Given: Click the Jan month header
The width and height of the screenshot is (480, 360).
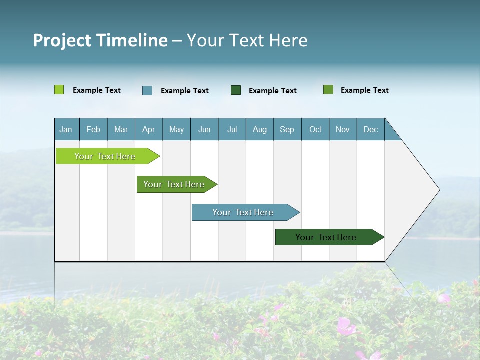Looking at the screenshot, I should (66, 129).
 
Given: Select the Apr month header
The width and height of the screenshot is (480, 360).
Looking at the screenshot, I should (148, 129).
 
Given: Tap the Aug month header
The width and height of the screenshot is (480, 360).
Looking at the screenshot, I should (259, 129).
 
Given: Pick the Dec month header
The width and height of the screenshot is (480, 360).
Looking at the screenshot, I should (370, 129).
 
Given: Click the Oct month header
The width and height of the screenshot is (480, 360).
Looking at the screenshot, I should (315, 129).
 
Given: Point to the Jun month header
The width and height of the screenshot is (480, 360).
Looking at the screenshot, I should (204, 129).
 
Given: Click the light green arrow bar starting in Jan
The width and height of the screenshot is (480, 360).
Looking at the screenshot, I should (105, 156).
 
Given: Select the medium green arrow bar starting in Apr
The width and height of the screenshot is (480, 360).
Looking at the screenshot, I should (174, 184).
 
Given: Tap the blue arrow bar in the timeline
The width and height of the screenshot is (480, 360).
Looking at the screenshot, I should (243, 212).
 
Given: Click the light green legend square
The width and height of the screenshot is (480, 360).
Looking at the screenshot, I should (59, 90).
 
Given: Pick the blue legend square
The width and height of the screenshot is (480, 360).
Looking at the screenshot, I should (147, 90).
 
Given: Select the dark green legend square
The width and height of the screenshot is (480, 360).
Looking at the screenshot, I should (236, 90).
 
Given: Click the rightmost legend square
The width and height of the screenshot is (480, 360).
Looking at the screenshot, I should (328, 90).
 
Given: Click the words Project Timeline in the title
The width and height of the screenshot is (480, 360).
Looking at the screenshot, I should (100, 40).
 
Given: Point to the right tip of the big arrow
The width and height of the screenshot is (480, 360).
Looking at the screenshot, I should (439, 190).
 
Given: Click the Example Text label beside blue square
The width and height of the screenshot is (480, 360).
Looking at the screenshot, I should (184, 91).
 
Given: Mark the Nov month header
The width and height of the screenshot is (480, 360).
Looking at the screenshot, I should (342, 129).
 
